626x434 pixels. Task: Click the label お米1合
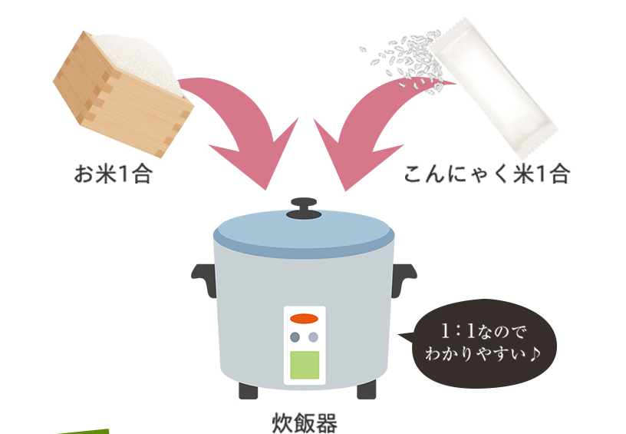tap(113, 174)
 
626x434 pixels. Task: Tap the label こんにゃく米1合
tap(486, 174)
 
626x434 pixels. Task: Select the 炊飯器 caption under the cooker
tap(305, 422)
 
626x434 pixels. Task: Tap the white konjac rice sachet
tap(494, 87)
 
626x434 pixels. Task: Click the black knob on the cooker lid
tap(304, 209)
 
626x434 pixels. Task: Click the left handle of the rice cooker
tap(204, 279)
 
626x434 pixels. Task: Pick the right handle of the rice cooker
tap(404, 279)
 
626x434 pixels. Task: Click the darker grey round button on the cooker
tap(295, 337)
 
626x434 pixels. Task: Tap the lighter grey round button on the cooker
tap(314, 337)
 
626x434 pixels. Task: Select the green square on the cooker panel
tap(305, 365)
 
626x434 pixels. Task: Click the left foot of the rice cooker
tap(249, 390)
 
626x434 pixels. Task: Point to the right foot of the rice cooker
tap(366, 390)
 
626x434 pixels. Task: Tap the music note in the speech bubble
tap(535, 353)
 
